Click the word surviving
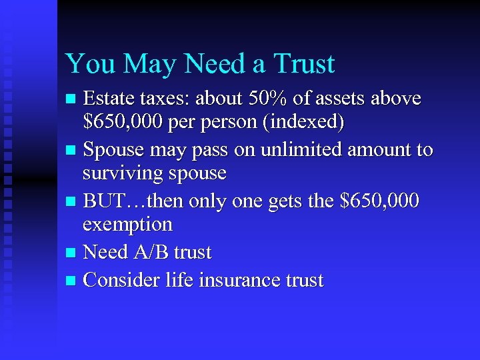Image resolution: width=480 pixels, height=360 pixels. click(124, 174)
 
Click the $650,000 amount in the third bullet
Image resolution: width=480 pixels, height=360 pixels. click(379, 200)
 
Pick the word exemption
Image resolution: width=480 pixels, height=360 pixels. click(127, 225)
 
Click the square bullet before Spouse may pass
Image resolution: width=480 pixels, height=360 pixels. click(73, 151)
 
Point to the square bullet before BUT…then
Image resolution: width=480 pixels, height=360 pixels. click(73, 201)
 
